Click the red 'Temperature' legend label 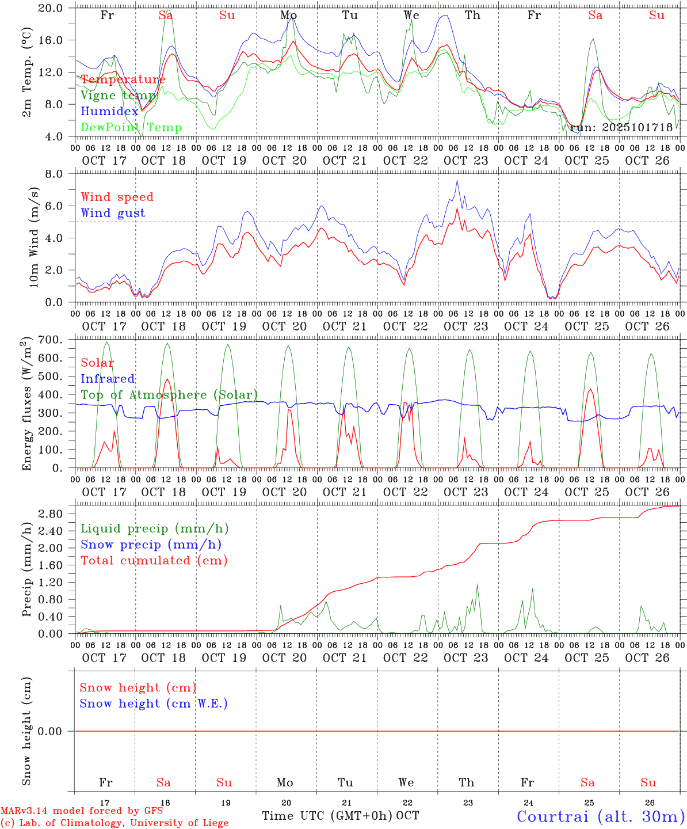pos(123,79)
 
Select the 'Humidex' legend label pos(109,112)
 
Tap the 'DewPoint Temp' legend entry pos(131,128)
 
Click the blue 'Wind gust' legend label pos(113,213)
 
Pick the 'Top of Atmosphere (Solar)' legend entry pos(169,395)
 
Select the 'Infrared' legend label pos(108,379)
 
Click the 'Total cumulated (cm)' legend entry pos(154,561)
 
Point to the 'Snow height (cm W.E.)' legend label pos(154,703)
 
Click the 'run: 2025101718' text pos(621,128)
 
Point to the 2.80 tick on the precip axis pos(57,514)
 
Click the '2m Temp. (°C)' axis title pos(26,72)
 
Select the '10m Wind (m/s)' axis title pos(33,237)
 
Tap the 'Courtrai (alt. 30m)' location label pos(600,816)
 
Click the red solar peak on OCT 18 pos(167,379)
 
